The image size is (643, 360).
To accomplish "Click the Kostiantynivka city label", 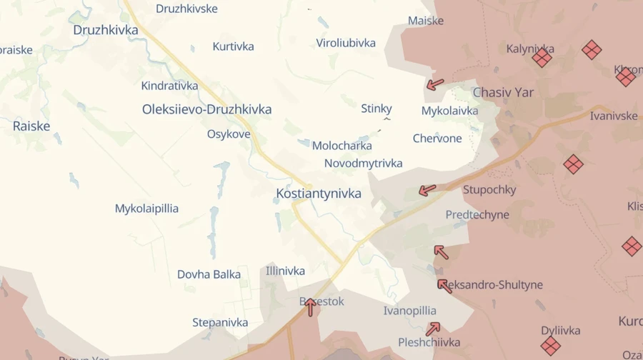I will pos(319,194).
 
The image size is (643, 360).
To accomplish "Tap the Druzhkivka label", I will pos(106,30).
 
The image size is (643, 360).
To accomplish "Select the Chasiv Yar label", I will pos(503,93).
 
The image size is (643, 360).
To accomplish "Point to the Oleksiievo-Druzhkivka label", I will pos(206,109).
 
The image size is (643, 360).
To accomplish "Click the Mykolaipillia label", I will pos(146,209).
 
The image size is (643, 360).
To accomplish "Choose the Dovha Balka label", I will pos(209,274).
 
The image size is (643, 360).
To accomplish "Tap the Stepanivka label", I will pos(220,322).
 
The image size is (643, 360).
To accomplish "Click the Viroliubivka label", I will pos(346,43).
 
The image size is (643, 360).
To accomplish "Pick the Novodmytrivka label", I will pos(363,163).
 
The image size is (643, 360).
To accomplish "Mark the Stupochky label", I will pos(489,190).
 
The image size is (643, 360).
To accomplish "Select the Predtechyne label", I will pos(477,214).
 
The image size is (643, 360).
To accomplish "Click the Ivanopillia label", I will pos(409,311).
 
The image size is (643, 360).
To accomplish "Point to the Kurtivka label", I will pos(233,46).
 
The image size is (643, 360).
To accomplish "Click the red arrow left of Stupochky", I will pos(427,190).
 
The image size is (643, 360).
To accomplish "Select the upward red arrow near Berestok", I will pos(310,306).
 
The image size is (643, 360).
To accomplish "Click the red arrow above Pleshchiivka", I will pos(433,329).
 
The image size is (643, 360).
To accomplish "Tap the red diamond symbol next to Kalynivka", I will pos(542,58).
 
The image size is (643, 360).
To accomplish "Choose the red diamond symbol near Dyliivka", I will pos(550,346).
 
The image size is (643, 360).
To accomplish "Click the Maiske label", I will pos(426,21).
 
